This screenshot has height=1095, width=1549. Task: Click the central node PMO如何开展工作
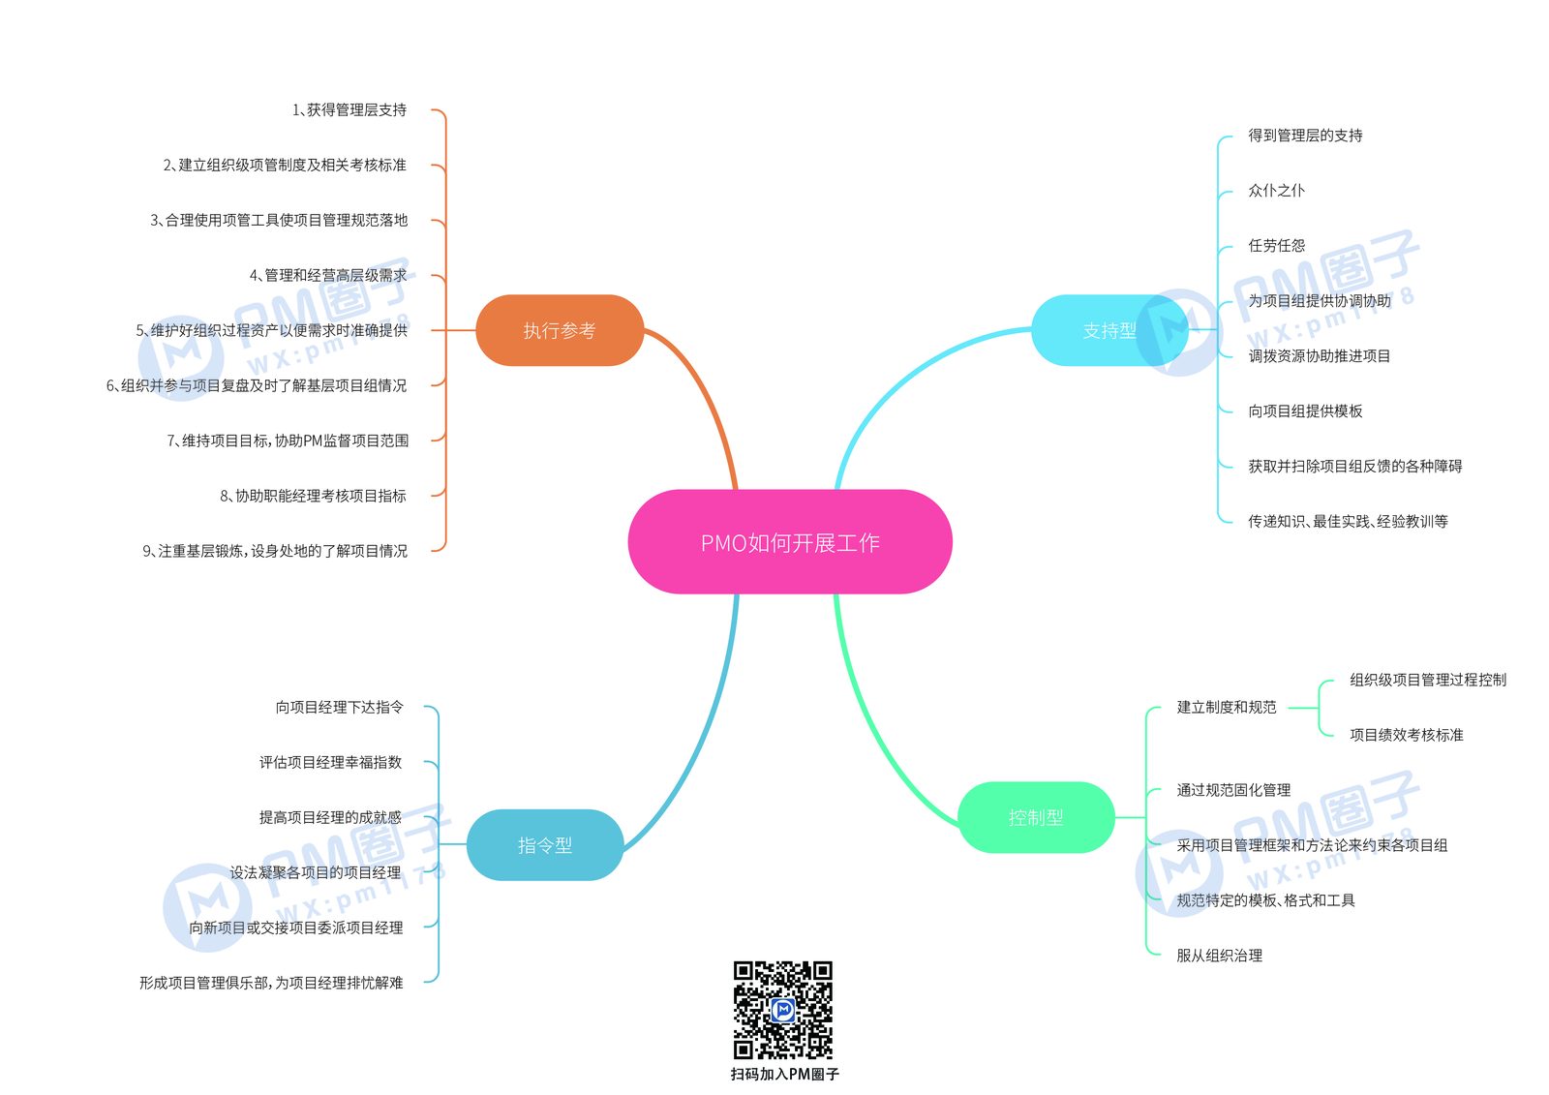click(x=790, y=541)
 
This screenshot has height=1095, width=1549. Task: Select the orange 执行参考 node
click(x=560, y=330)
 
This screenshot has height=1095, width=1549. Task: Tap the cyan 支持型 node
click(x=1109, y=330)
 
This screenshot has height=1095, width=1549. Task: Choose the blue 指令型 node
click(x=545, y=844)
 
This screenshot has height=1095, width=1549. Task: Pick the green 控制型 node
click(x=1036, y=817)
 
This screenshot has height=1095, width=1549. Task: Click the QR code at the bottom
click(x=783, y=1009)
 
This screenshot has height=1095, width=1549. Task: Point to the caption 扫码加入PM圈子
click(x=785, y=1074)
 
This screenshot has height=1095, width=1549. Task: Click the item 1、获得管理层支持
click(x=349, y=110)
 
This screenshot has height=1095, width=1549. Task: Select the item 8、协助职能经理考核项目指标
click(x=314, y=496)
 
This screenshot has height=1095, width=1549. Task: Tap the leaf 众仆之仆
click(x=1277, y=190)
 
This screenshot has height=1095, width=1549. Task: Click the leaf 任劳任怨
click(x=1277, y=246)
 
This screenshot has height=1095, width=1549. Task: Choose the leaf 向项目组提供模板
click(x=1305, y=411)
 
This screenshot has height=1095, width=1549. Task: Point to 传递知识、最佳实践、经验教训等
click(x=1348, y=522)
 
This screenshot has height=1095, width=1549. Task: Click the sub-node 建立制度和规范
click(x=1227, y=707)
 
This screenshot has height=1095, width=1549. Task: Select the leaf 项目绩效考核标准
click(x=1407, y=735)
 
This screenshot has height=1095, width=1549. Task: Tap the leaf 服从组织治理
click(x=1219, y=956)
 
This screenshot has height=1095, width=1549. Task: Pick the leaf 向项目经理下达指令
click(x=340, y=707)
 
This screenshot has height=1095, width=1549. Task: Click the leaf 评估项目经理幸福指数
click(x=330, y=762)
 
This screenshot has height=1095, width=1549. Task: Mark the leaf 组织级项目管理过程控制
click(x=1428, y=680)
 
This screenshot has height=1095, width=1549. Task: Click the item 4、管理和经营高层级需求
click(x=328, y=275)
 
